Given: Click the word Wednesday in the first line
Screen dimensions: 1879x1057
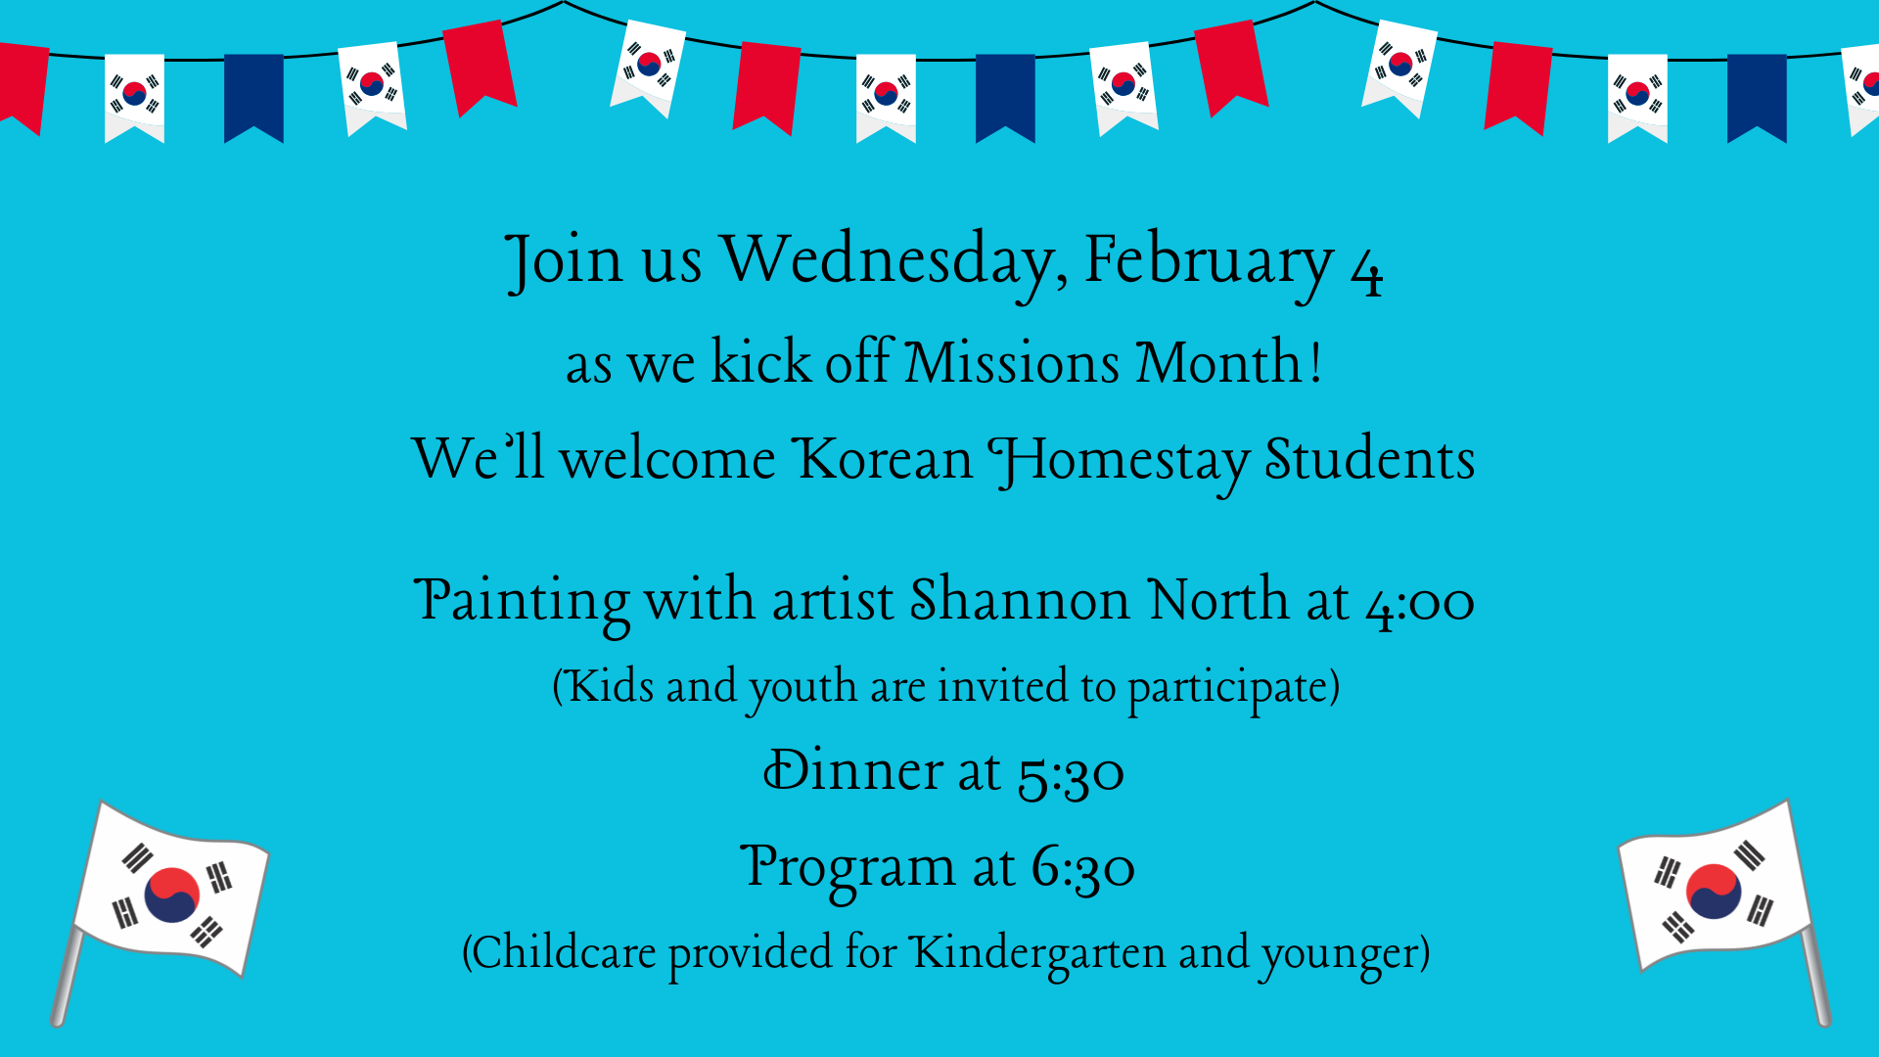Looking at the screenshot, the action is point(894,262).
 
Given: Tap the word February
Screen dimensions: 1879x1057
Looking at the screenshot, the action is point(1209,262).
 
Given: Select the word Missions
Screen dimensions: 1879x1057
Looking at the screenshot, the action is point(1011,361).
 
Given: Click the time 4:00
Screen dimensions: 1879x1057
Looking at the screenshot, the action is point(1420,603).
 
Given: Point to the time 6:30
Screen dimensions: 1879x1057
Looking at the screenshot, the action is point(1082,869).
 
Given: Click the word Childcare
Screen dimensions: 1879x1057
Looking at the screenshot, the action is point(565,952).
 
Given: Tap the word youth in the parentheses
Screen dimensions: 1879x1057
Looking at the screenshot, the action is point(802,688).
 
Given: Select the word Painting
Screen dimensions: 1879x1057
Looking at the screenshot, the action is point(522,602).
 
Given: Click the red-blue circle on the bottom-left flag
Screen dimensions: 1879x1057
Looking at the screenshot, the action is point(172,895).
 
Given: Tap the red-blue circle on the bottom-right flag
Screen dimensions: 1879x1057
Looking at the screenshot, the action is point(1714,891).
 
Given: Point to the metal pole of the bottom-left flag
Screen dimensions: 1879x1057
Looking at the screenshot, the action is point(67,976).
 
